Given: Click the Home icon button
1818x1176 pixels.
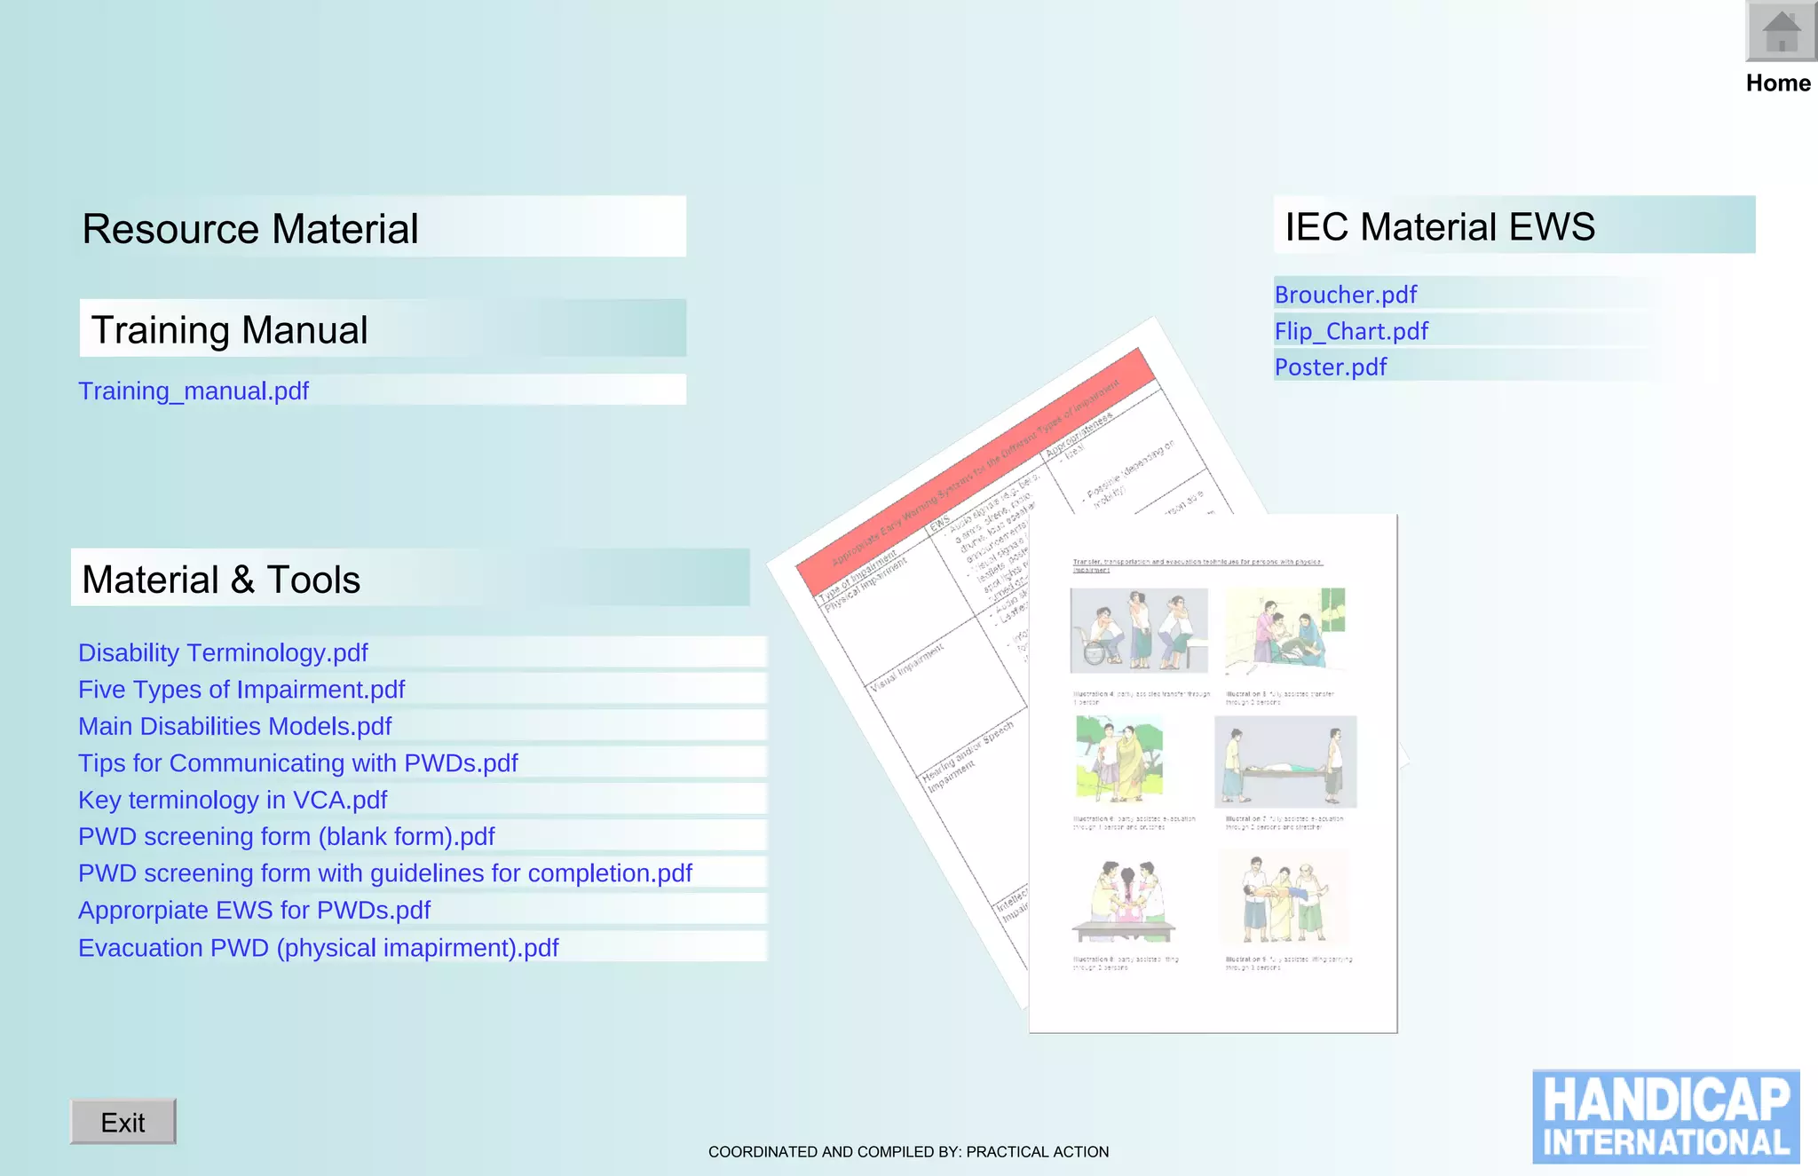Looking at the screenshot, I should (1780, 32).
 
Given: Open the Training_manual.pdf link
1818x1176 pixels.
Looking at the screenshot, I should (194, 391).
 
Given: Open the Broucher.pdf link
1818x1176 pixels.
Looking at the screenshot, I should (1346, 294).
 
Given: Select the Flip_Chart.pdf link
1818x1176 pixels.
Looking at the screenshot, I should (1351, 331).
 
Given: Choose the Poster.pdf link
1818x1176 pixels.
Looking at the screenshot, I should (1331, 367).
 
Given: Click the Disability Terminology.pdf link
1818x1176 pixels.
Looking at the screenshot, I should (223, 652).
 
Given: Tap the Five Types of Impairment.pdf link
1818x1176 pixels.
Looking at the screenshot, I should (241, 690).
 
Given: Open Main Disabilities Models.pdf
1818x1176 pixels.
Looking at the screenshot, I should (235, 726).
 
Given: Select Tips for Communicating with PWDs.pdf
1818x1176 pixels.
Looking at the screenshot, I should (298, 763).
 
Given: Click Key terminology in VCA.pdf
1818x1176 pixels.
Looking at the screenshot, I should (233, 800).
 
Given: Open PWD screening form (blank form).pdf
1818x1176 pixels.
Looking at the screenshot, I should (287, 836).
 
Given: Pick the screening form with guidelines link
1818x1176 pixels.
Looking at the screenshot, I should (385, 873).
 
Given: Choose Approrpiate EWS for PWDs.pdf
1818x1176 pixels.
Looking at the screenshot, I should (254, 910).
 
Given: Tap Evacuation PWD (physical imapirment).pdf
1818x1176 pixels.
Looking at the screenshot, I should (319, 948).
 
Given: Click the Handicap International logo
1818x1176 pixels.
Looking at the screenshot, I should (1665, 1117).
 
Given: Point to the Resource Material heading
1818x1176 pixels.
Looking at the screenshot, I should (250, 228).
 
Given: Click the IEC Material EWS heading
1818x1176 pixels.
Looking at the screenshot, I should (1440, 226).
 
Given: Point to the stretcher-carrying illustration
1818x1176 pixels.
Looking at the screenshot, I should (1285, 762).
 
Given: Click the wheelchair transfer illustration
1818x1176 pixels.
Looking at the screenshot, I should (1139, 630).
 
